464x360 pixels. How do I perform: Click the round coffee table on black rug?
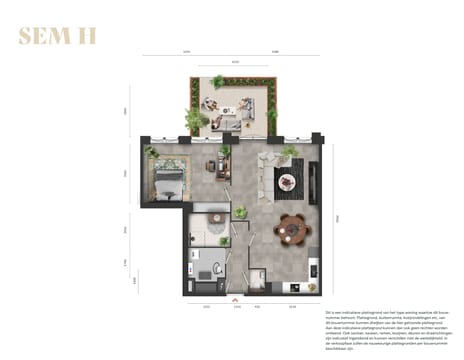(x=287, y=181)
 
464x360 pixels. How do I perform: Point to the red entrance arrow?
(x=234, y=297)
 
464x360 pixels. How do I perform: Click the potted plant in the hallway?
(x=241, y=212)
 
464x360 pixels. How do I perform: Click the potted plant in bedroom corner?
(x=151, y=152)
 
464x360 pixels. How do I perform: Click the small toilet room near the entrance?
(x=258, y=281)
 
